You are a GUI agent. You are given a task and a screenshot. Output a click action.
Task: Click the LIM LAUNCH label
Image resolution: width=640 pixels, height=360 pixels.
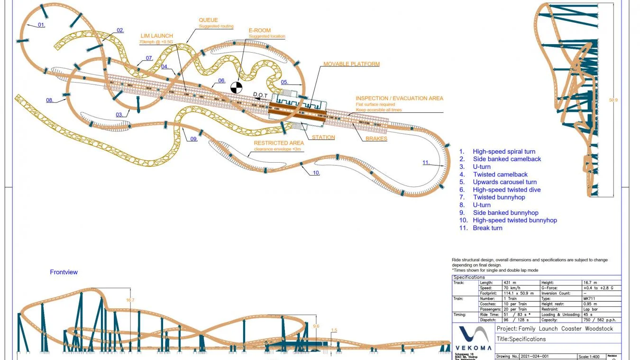156,36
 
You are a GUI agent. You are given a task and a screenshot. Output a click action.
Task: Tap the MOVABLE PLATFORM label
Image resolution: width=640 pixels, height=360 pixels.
351,64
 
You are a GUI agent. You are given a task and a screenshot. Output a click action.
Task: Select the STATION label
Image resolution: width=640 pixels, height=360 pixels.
323,138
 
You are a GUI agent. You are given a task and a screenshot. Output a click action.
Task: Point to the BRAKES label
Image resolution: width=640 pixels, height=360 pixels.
376,139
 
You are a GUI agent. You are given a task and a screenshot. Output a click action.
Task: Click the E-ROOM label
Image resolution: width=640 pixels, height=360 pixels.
260,30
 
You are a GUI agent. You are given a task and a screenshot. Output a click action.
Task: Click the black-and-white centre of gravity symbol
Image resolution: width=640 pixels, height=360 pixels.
236,87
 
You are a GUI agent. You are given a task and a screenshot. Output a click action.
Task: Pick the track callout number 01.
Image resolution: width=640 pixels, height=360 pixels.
41,25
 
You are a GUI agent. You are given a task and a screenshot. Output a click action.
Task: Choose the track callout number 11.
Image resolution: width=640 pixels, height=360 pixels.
426,163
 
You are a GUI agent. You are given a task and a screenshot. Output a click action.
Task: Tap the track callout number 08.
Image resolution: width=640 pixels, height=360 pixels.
50,100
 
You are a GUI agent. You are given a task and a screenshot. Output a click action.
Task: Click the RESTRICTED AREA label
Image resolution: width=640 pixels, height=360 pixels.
278,143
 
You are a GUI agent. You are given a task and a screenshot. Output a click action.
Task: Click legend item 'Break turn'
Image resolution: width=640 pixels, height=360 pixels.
487,228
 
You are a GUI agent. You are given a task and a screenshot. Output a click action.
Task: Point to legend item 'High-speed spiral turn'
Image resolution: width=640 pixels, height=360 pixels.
507,152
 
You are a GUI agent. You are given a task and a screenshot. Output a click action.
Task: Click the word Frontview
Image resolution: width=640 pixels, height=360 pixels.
64,272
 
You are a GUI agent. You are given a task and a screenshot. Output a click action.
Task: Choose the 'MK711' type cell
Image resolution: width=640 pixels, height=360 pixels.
589,299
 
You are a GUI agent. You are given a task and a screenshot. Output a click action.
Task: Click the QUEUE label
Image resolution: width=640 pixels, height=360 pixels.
209,20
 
